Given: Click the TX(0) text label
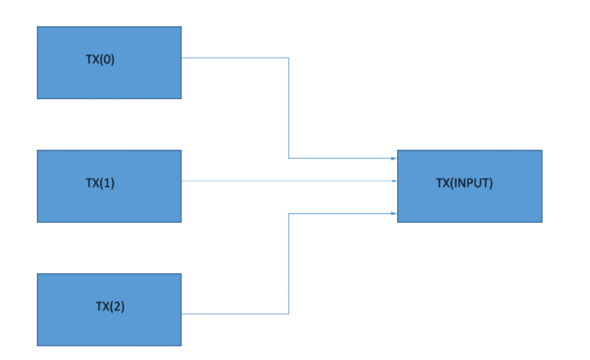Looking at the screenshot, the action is tap(100, 59).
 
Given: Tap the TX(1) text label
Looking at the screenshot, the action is tap(100, 183).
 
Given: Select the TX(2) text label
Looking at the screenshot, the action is tap(110, 306).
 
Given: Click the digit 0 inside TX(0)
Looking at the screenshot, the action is tap(107, 59).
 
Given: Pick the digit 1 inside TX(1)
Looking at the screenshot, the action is tap(107, 183).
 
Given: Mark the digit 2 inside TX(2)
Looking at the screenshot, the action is tap(116, 306).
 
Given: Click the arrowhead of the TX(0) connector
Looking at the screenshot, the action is tap(394, 158).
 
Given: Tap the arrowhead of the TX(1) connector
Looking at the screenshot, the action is tap(395, 181).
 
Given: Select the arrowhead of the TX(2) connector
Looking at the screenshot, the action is tap(394, 213).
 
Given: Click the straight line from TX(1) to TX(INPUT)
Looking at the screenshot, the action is tap(289, 181).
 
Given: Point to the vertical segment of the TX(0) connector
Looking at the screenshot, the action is tap(288, 108).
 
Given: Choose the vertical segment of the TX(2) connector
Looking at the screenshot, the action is tap(288, 263).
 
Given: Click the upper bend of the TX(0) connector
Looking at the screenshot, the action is tap(288, 58).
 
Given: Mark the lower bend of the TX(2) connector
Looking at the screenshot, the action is tap(288, 313).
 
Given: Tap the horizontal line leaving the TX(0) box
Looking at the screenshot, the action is tap(235, 58).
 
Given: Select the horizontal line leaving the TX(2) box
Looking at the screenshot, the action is tap(235, 313).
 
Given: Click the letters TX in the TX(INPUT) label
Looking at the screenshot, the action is tap(443, 183).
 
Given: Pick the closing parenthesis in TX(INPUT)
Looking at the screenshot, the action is tap(490, 183).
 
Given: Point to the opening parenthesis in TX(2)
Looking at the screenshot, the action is tap(111, 306).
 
